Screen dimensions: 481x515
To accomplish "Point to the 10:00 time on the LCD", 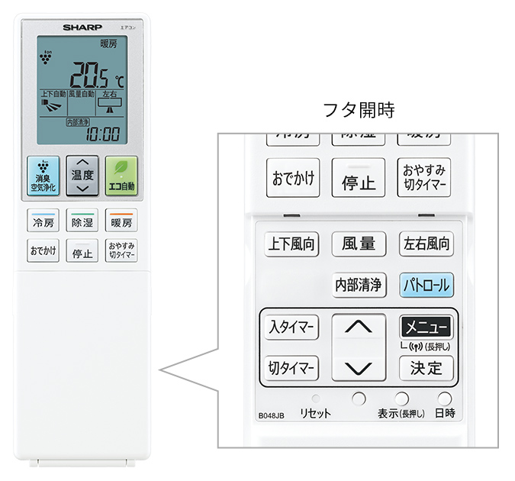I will point(101,134).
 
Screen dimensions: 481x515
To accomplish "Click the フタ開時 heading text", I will point(359,110).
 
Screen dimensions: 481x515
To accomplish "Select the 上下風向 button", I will point(292,244).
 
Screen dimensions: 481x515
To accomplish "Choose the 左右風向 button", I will point(426,244).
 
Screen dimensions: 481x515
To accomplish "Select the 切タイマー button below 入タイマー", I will point(291,368).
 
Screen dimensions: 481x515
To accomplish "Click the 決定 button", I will point(426,368).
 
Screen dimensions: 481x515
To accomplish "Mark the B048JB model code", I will point(271,415).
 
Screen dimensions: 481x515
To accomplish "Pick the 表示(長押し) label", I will point(401,415).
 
